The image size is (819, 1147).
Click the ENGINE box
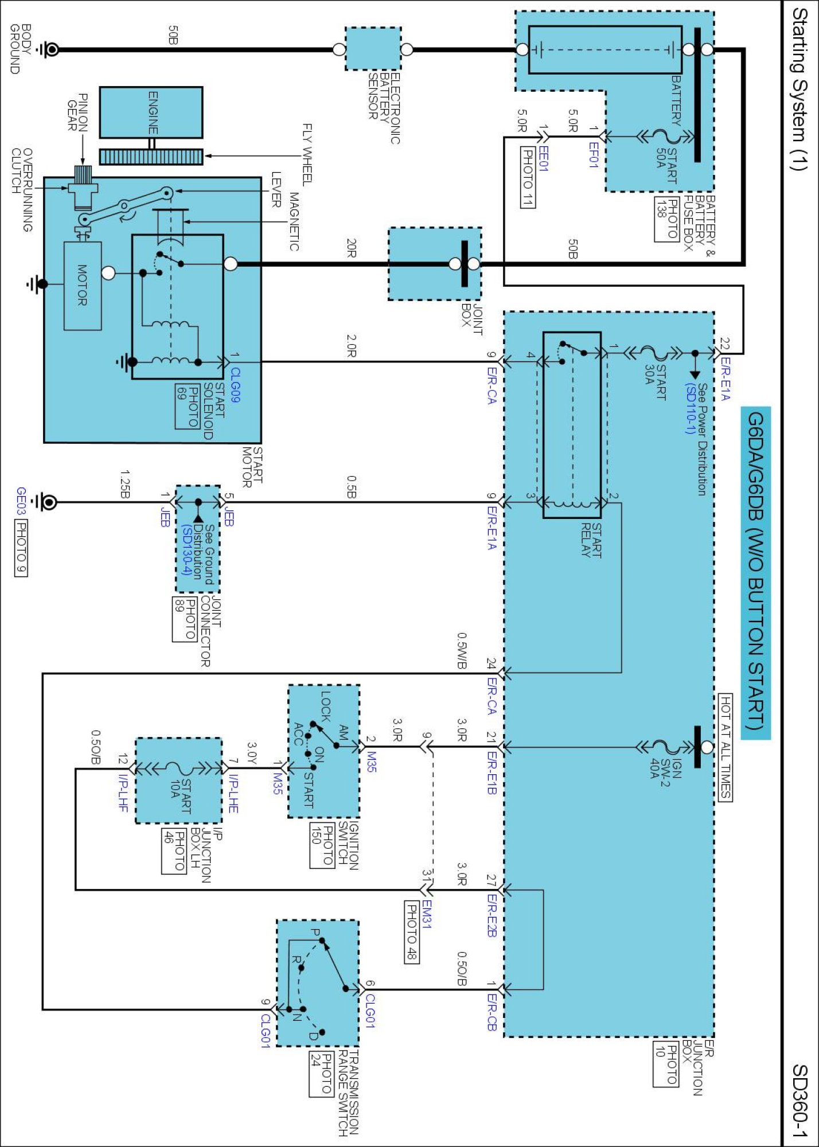tap(151, 112)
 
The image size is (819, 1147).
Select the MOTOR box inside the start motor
tap(83, 286)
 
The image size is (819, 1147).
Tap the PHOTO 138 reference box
tap(667, 219)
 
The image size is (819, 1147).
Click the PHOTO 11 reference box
tap(528, 177)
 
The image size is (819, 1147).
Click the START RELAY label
tap(591, 540)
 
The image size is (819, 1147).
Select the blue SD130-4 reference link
tap(186, 549)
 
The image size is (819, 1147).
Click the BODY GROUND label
tap(21, 49)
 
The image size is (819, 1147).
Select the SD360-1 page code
tap(801, 1101)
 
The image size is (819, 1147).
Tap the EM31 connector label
tap(426, 914)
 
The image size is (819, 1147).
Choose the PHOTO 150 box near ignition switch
tap(322, 845)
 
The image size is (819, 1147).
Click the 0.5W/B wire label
tap(462, 650)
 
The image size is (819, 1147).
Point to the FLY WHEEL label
tap(307, 154)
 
